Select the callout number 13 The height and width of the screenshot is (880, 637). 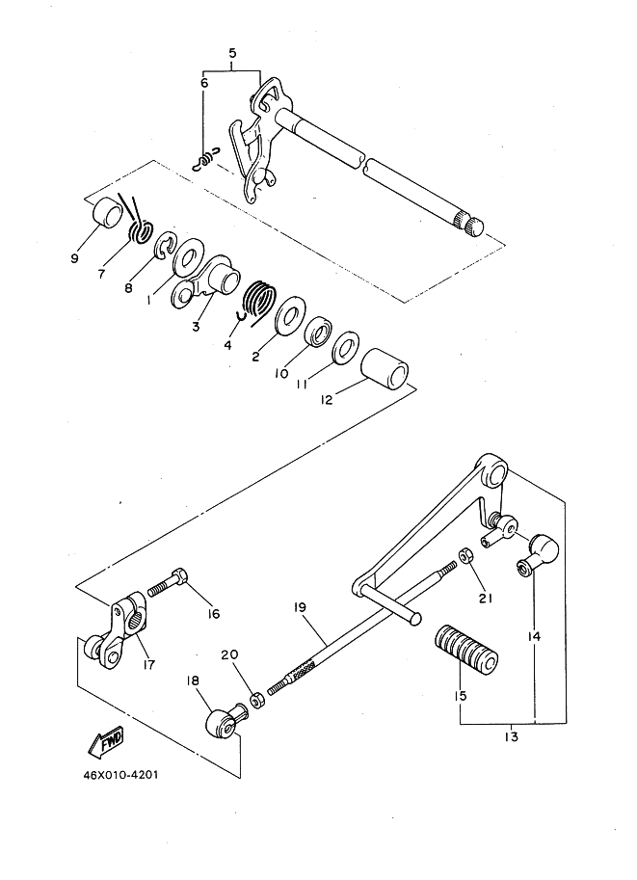pyautogui.click(x=510, y=738)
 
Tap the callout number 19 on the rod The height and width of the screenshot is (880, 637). pyautogui.click(x=301, y=608)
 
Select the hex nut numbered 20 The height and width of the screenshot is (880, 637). pyautogui.click(x=257, y=698)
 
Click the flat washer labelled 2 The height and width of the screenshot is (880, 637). pyautogui.click(x=288, y=319)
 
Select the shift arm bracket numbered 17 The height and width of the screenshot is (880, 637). pyautogui.click(x=119, y=635)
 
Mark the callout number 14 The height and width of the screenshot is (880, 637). pyautogui.click(x=534, y=636)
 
